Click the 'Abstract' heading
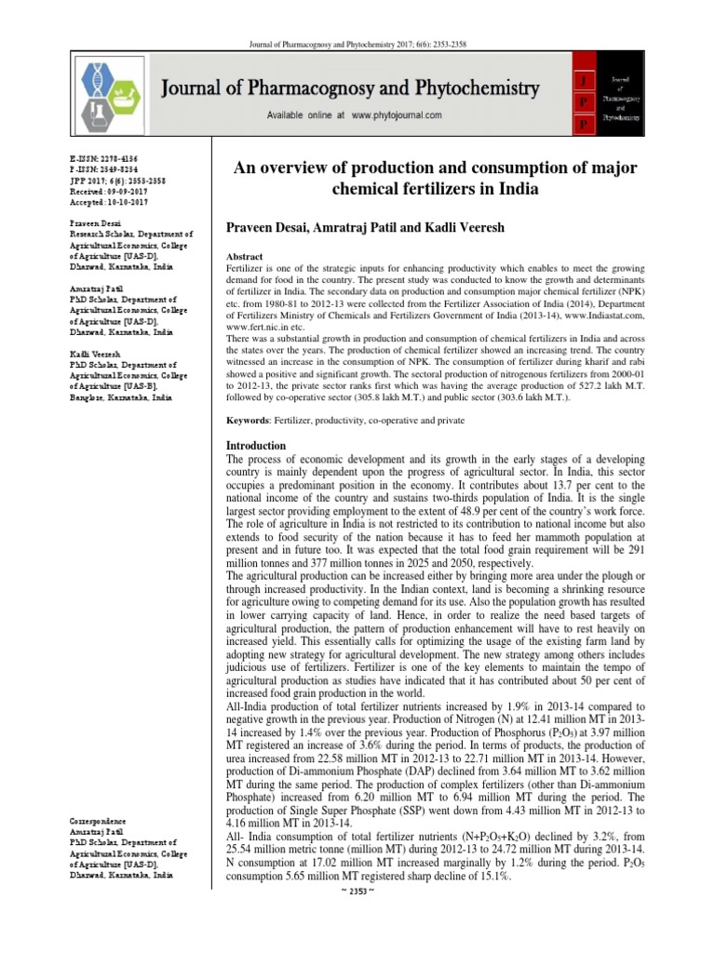[251, 256]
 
